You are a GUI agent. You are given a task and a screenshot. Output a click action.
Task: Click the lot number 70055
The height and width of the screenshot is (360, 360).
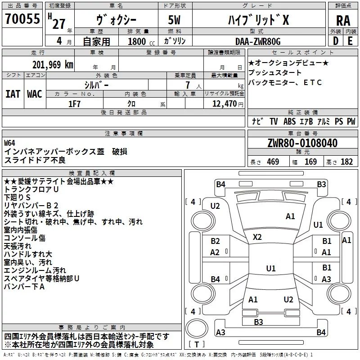point(22,18)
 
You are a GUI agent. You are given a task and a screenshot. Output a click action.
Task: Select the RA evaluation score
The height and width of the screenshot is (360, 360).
point(343,21)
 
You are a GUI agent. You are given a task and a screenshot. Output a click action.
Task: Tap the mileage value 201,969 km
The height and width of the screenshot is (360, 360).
point(53,65)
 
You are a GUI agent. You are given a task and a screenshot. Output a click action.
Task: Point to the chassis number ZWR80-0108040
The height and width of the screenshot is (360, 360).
point(302,143)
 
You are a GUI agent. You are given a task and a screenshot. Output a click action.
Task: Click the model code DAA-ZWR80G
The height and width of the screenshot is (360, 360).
point(258,41)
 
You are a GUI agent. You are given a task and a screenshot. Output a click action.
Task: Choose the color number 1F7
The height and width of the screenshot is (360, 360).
point(74,104)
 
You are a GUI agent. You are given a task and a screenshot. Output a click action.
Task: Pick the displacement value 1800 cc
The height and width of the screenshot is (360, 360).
point(141,41)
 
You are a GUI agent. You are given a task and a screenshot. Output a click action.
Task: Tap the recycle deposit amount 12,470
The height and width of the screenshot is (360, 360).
point(224,104)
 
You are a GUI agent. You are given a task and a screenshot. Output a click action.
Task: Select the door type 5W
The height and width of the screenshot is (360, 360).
point(174,20)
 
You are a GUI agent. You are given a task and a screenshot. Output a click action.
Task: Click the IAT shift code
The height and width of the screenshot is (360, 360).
point(13,94)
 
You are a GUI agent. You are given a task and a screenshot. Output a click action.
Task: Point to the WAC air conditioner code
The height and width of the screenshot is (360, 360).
point(35,94)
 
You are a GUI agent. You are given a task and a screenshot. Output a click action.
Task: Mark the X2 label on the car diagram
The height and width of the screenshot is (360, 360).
point(257,237)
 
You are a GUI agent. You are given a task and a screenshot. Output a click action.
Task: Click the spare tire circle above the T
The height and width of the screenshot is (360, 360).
point(197,328)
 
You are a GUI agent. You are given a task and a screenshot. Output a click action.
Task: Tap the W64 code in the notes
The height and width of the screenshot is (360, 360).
point(9,143)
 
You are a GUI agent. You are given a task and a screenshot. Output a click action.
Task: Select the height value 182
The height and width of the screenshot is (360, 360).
point(346,162)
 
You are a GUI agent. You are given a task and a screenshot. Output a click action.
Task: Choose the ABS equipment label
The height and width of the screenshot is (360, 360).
point(289,121)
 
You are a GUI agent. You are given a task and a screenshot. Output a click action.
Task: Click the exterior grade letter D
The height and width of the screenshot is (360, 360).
point(336,41)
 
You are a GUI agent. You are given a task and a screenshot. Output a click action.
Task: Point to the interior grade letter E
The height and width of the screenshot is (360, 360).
point(350,41)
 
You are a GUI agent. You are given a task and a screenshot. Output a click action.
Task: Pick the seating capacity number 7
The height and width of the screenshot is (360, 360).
point(188,85)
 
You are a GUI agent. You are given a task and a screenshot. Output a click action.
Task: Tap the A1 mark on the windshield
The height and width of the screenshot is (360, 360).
point(290,216)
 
